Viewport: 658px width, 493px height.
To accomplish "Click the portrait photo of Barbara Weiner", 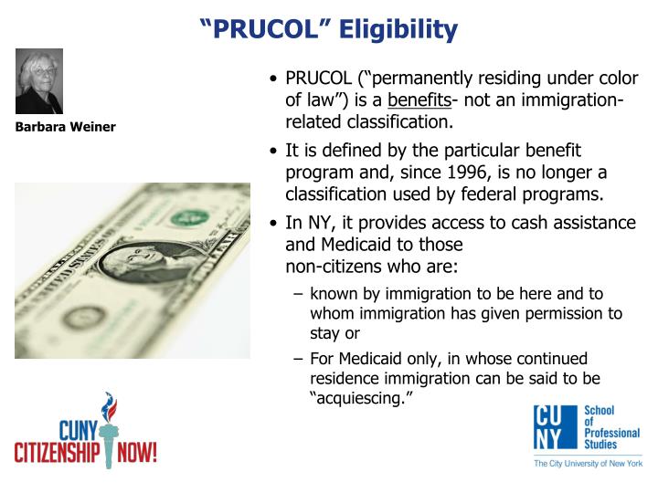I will (x=39, y=81).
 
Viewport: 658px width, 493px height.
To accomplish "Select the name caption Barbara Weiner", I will (x=65, y=127).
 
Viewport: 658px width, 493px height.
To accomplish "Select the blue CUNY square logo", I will (x=555, y=428).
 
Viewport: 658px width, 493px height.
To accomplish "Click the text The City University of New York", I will (x=587, y=464).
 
